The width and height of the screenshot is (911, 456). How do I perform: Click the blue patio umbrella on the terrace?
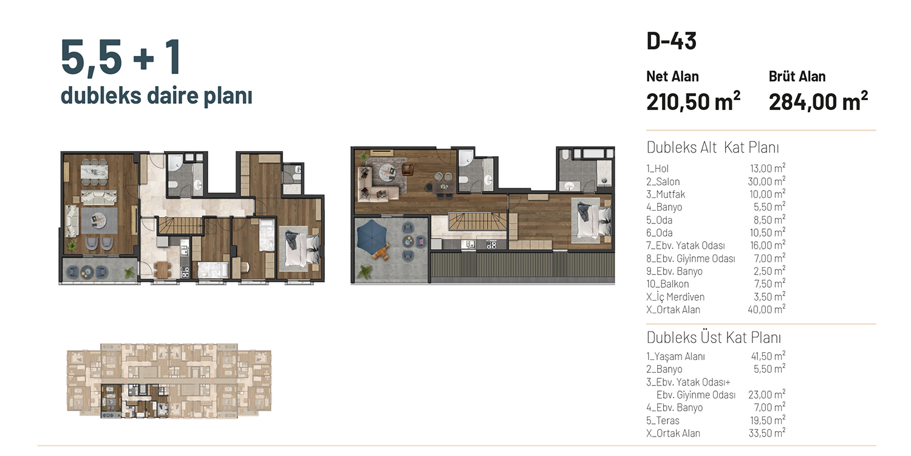tap(371, 236)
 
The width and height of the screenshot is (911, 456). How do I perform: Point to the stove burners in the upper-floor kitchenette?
tap(491, 244)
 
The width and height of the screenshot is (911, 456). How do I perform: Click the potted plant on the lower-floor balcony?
tap(130, 272)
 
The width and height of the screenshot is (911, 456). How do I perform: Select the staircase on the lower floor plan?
tap(180, 226)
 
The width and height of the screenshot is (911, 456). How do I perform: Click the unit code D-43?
tap(672, 41)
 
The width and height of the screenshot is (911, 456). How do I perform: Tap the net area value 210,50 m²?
tap(693, 101)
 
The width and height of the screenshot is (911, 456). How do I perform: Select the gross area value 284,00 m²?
tap(818, 101)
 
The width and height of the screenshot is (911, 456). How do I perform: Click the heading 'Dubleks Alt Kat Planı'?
tap(712, 148)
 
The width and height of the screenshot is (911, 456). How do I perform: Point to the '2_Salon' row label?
tap(663, 182)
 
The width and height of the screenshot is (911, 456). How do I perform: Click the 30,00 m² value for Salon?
tap(766, 181)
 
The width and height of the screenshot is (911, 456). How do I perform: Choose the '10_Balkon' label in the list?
tap(667, 284)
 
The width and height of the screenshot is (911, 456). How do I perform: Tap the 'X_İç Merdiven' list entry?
tap(675, 297)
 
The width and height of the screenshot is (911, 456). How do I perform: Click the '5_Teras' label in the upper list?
tap(663, 420)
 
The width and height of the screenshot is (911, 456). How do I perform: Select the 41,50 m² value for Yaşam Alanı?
tap(768, 356)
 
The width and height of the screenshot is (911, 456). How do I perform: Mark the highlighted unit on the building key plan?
tap(135, 401)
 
